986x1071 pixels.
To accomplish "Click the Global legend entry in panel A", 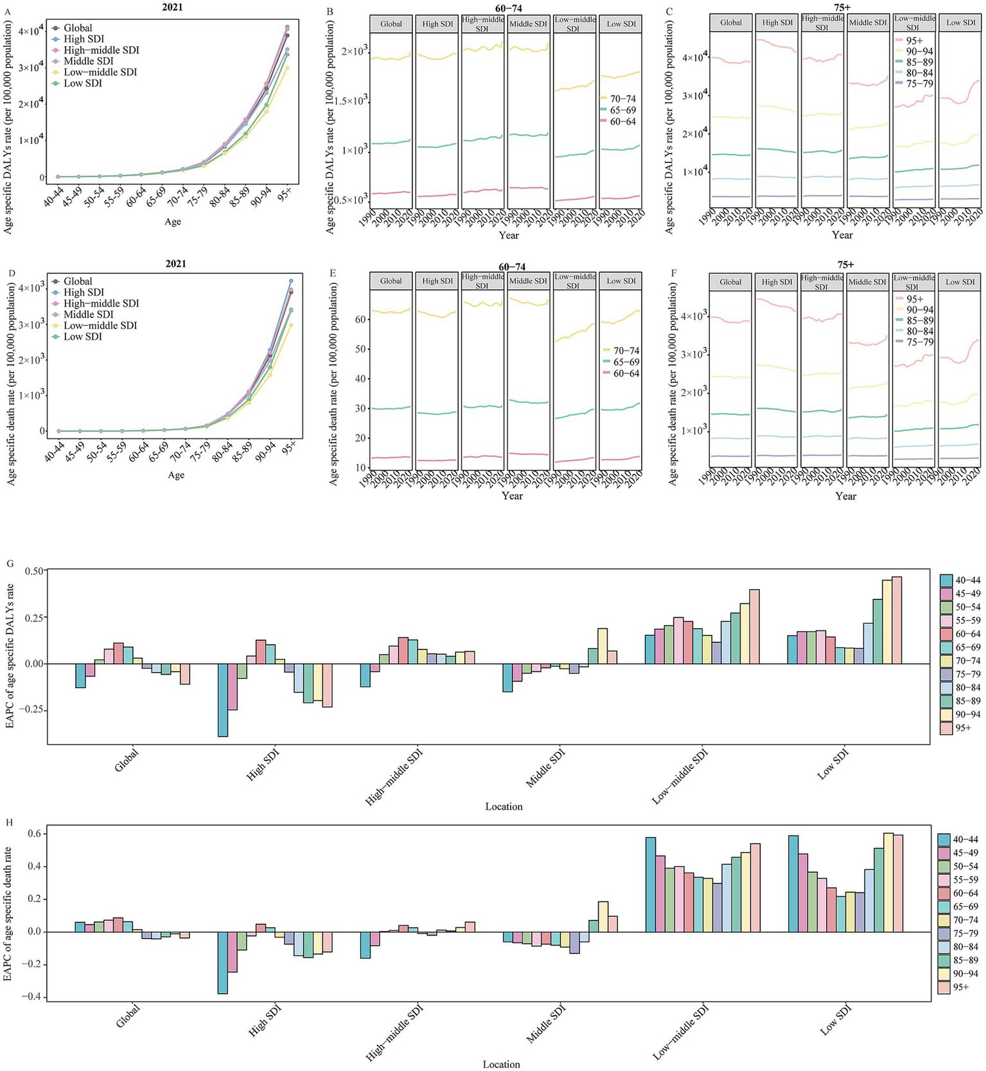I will pyautogui.click(x=77, y=28).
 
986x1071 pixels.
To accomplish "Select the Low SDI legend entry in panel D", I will pyautogui.click(x=82, y=337).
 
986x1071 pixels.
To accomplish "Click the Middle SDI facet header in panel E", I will pyautogui.click(x=528, y=281).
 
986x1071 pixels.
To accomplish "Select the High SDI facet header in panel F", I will pyautogui.click(x=777, y=281).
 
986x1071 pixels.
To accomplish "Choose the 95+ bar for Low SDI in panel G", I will pyautogui.click(x=897, y=620).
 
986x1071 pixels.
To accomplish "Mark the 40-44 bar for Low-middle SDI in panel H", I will pyautogui.click(x=651, y=884).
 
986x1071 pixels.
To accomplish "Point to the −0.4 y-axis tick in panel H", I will pyautogui.click(x=30, y=997).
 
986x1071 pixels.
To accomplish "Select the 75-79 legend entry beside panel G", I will pyautogui.click(x=967, y=674).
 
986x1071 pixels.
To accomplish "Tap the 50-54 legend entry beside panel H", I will pyautogui.click(x=965, y=867).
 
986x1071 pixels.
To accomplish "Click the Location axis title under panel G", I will pyautogui.click(x=504, y=806).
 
